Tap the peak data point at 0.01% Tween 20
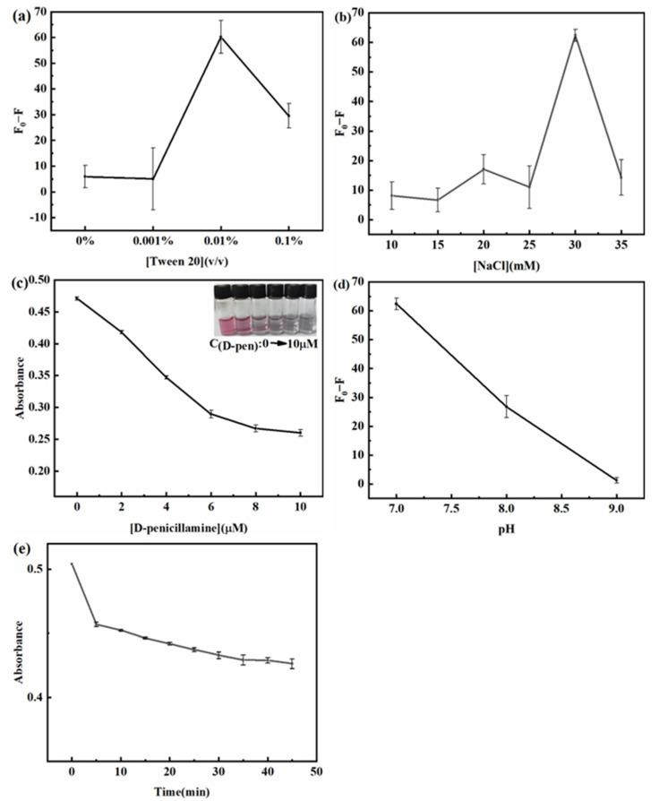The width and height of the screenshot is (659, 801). click(220, 37)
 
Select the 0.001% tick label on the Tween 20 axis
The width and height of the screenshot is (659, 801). click(152, 242)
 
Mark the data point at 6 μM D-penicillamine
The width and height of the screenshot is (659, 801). click(211, 413)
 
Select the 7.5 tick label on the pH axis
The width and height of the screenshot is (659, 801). click(450, 508)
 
